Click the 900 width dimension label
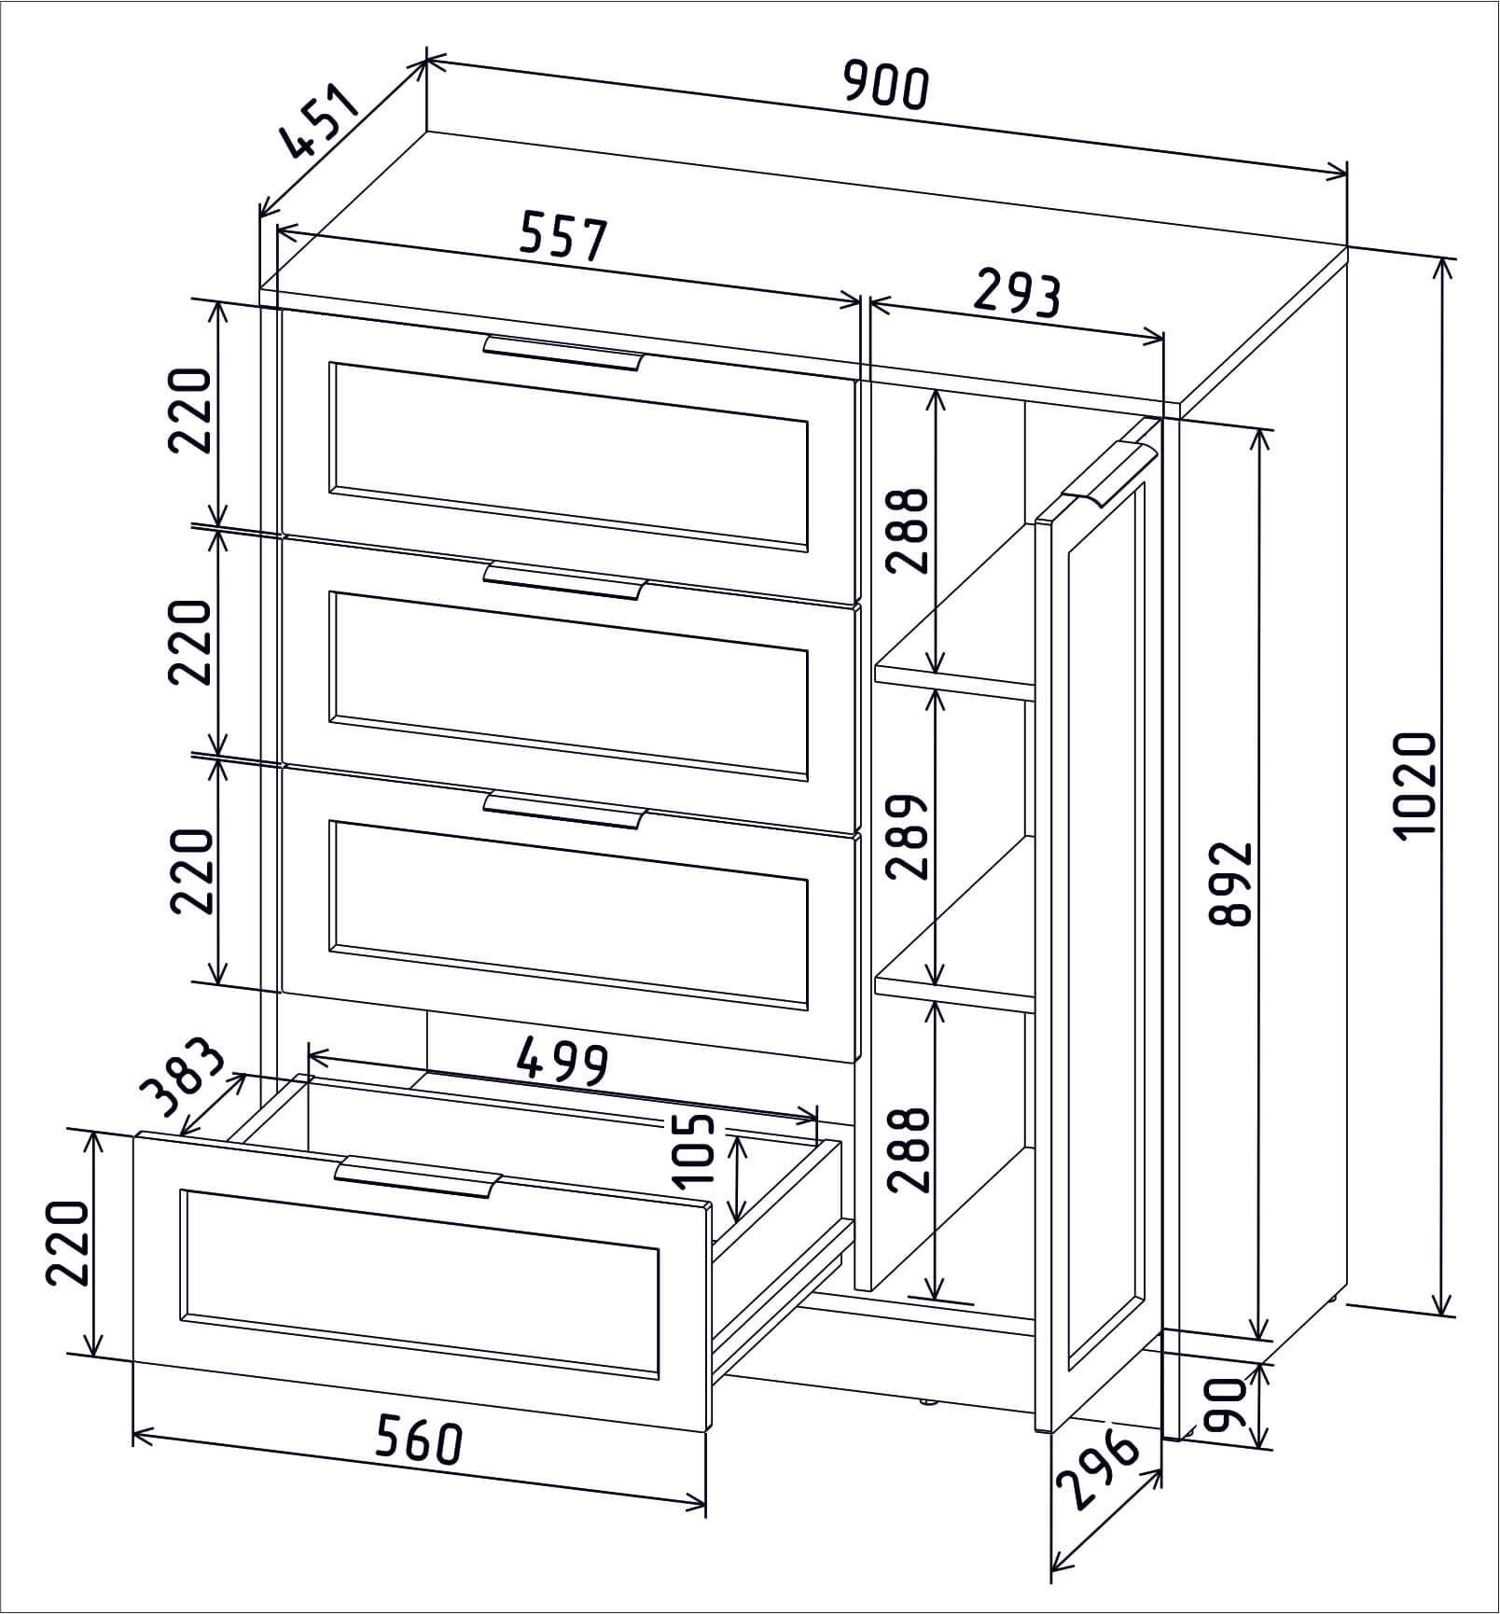886,86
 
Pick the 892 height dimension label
1229,884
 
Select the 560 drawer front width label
419,1468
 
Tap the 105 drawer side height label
695,1150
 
